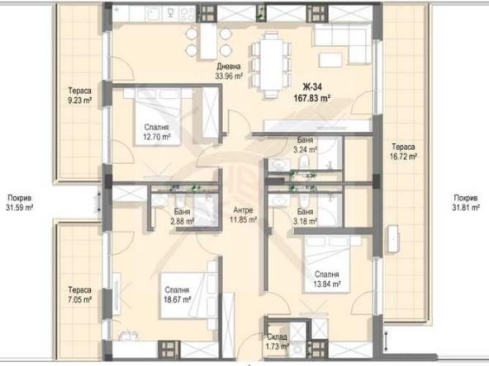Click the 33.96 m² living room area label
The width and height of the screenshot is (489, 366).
point(228,75)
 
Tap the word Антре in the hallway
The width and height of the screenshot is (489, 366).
point(244,209)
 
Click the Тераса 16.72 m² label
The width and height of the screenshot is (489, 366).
point(404,149)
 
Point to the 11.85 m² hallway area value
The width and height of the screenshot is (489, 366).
point(244,220)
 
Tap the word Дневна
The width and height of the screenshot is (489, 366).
point(229,67)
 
